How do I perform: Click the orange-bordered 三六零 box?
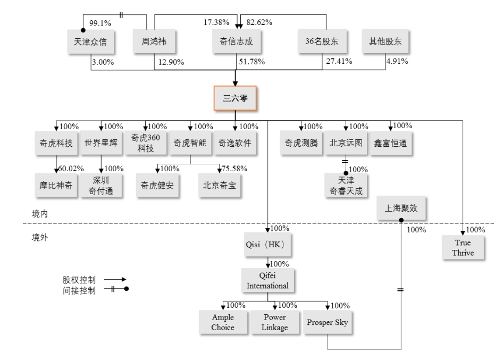coord(235,98)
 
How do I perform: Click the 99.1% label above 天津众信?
coord(100,23)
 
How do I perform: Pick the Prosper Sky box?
coord(329,323)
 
